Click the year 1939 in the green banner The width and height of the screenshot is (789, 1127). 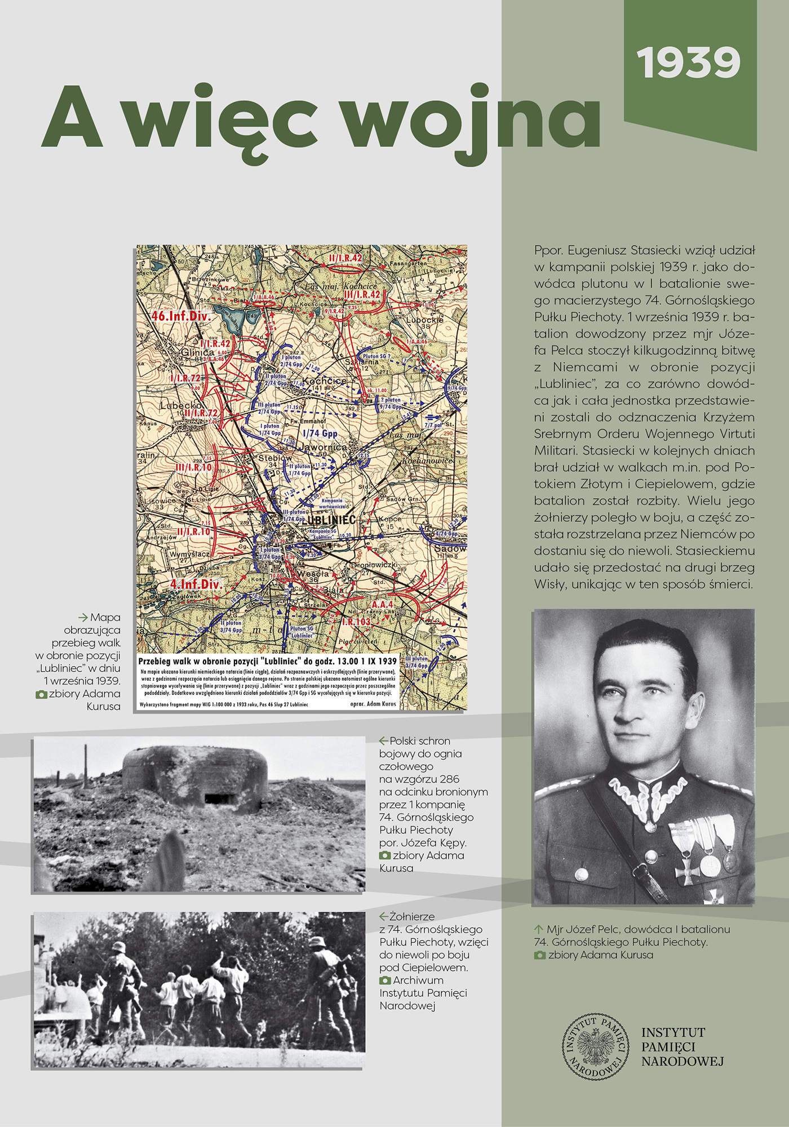689,63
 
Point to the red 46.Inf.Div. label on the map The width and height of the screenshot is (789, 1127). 181,316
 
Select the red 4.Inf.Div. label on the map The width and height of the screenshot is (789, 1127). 196,584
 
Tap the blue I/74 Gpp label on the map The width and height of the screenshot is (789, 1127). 320,433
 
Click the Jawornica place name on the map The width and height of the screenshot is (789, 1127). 324,447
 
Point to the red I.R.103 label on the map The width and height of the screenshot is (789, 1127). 356,622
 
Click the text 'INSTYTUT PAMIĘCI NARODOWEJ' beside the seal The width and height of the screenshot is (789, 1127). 682,1047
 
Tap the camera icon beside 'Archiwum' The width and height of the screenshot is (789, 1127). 385,980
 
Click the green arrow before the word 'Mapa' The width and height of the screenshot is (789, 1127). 83,618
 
